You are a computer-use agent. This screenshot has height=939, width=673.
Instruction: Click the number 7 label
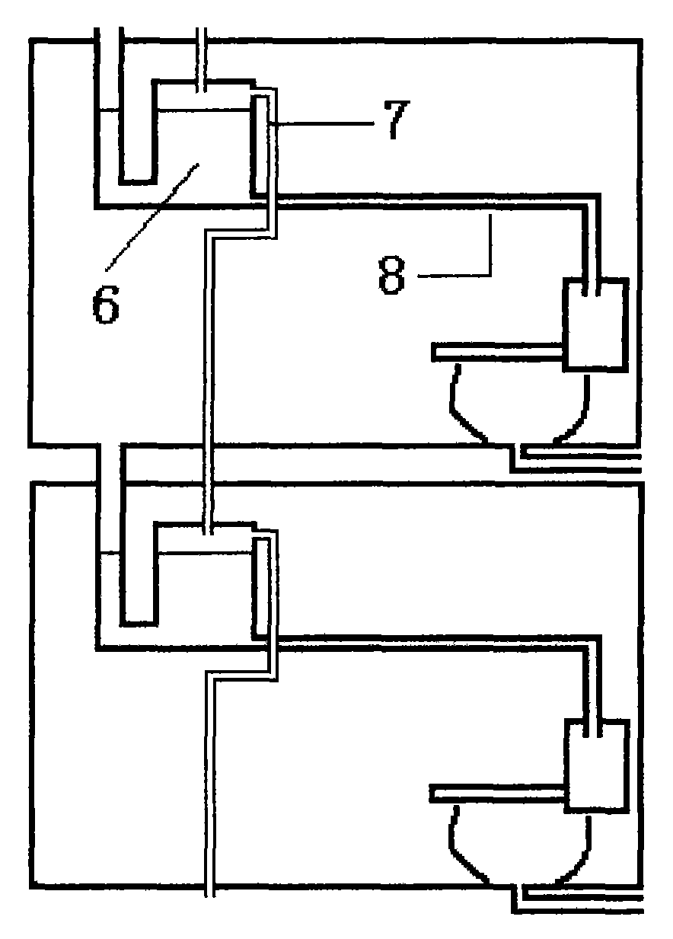pos(392,120)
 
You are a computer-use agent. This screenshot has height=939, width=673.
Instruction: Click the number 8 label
pos(393,276)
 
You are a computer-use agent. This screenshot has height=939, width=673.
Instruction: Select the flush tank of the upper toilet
pos(595,325)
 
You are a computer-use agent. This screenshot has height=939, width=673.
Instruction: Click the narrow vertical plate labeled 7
pos(260,145)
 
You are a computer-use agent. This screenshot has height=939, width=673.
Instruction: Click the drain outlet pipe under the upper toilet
pos(579,461)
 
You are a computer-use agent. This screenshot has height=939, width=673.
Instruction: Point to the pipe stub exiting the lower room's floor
pos(210,891)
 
